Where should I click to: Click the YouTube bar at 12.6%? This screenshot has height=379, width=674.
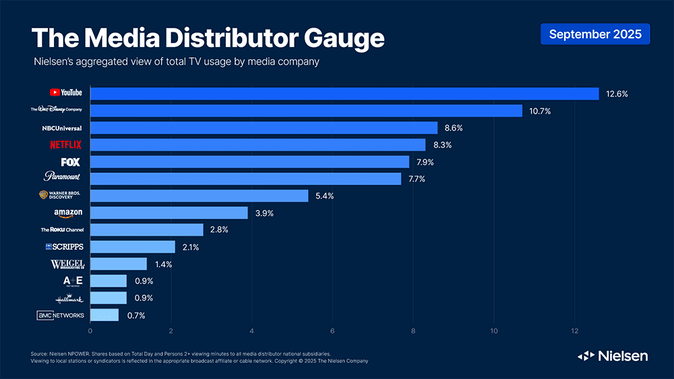[x=344, y=94]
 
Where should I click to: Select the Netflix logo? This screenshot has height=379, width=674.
[x=66, y=145]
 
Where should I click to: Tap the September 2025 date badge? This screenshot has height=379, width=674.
[x=595, y=34]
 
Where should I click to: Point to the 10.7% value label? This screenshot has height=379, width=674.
[x=539, y=111]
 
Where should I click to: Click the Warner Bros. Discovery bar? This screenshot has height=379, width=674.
[x=199, y=196]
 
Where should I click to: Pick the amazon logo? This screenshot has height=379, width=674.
[x=68, y=213]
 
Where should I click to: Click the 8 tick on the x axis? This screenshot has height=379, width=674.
[x=413, y=331]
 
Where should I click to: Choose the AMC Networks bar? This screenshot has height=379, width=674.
[x=104, y=315]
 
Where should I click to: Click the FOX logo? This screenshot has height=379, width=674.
[x=70, y=162]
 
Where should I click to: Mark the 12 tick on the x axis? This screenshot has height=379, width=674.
[x=574, y=331]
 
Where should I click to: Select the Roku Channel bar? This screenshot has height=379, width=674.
[x=146, y=230]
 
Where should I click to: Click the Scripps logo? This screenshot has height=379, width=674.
[x=65, y=247]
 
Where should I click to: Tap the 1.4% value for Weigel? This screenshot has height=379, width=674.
[x=162, y=265]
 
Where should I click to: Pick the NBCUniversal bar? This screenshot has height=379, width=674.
[x=264, y=128]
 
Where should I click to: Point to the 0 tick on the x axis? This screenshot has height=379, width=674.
[x=90, y=331]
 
